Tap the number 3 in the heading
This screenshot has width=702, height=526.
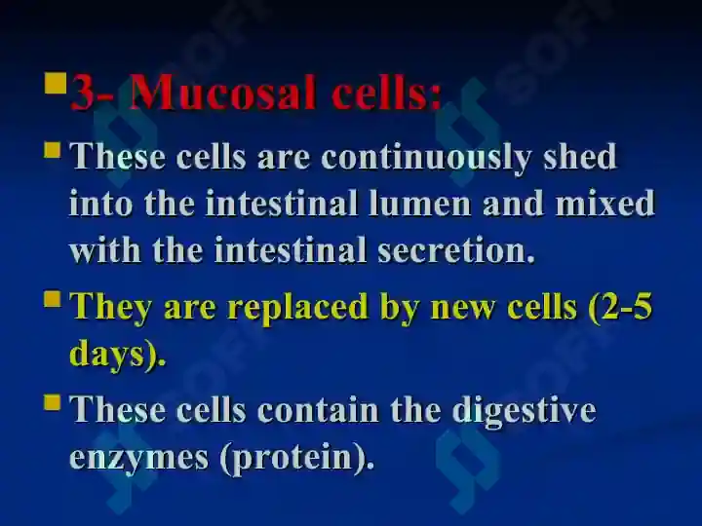(x=82, y=93)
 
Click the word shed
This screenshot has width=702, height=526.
(x=580, y=156)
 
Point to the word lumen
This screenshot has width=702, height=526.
(x=419, y=204)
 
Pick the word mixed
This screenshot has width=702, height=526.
(x=605, y=204)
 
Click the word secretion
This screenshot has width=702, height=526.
(x=455, y=250)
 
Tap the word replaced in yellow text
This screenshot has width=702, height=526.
(x=297, y=309)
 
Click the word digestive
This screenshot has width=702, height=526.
(x=524, y=411)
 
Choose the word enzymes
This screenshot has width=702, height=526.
(x=138, y=459)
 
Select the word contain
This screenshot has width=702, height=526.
(x=318, y=410)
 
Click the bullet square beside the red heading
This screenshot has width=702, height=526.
(x=56, y=83)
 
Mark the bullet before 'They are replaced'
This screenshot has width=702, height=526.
(x=53, y=299)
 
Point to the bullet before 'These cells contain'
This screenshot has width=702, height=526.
(x=53, y=401)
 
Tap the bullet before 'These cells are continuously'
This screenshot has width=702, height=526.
(x=53, y=150)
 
